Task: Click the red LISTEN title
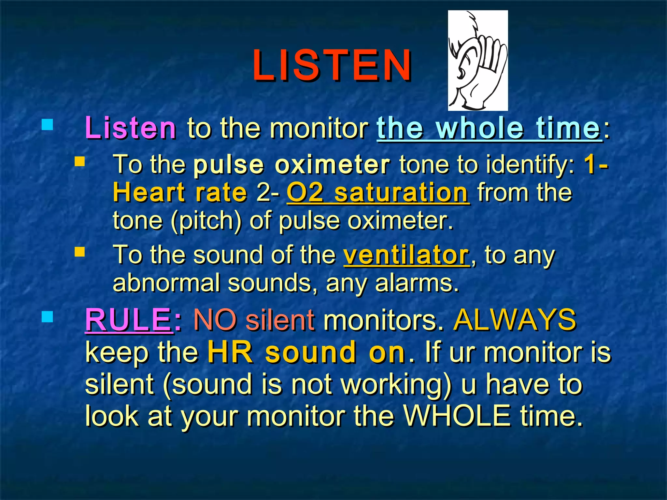pos(332,65)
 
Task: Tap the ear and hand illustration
pos(477,61)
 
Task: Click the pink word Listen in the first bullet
pos(130,128)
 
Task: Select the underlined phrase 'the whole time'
pos(489,128)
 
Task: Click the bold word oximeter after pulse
pos(332,164)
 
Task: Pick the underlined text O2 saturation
pos(378,193)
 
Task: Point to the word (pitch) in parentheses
pos(206,221)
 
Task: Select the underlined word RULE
pos(128,320)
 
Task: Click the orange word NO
pos(215,320)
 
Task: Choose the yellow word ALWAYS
pos(515,320)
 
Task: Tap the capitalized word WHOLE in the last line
pos(457,416)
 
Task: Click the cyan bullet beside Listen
pos(48,125)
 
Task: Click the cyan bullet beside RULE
pos(48,317)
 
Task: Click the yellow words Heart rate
pos(180,193)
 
